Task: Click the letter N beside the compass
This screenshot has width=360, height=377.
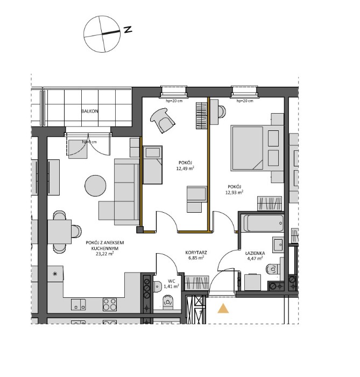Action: click(128, 30)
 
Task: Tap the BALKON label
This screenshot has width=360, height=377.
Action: click(89, 111)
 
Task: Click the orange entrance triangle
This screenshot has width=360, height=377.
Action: click(223, 309)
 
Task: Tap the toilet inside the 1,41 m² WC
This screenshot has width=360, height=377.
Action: click(167, 301)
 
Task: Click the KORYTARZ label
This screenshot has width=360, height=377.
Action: click(196, 252)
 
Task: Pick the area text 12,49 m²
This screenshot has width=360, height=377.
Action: click(185, 168)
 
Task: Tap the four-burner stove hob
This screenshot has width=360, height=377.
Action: click(110, 304)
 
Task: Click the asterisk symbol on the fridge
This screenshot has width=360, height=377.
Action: click(54, 274)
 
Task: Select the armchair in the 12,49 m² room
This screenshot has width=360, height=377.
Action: click(163, 119)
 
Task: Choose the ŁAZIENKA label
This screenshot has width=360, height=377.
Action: click(252, 252)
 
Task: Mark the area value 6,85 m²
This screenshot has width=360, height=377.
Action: click(196, 258)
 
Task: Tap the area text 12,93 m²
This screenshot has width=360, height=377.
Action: click(235, 192)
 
